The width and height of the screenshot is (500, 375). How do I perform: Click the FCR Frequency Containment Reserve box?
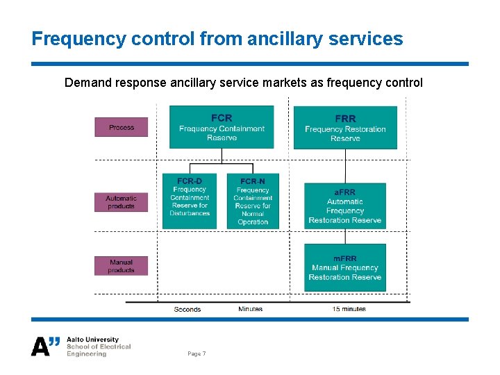click(x=222, y=127)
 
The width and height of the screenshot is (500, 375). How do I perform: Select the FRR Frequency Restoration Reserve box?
click(x=345, y=128)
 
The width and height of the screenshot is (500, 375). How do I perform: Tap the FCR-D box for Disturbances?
click(x=190, y=201)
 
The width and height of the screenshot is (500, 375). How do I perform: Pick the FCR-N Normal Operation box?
click(x=253, y=201)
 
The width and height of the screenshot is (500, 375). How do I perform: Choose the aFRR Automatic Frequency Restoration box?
click(x=344, y=206)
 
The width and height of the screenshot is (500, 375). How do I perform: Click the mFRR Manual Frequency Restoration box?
click(x=344, y=268)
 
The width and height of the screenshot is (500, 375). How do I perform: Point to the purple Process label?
click(x=122, y=127)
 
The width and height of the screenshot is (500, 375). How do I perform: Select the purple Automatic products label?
click(x=122, y=202)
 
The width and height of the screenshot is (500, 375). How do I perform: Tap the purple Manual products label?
click(x=122, y=266)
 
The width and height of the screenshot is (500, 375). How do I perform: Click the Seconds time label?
click(x=187, y=310)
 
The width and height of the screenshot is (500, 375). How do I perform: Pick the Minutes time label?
click(x=250, y=309)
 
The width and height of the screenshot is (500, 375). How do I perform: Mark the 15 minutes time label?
click(x=349, y=309)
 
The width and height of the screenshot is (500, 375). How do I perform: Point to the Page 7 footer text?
click(x=197, y=354)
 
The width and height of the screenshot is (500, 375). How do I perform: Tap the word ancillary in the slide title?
click(x=285, y=39)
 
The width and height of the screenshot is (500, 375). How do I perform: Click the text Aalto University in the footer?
click(x=92, y=340)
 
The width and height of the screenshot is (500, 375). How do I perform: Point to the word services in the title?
click(x=368, y=39)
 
